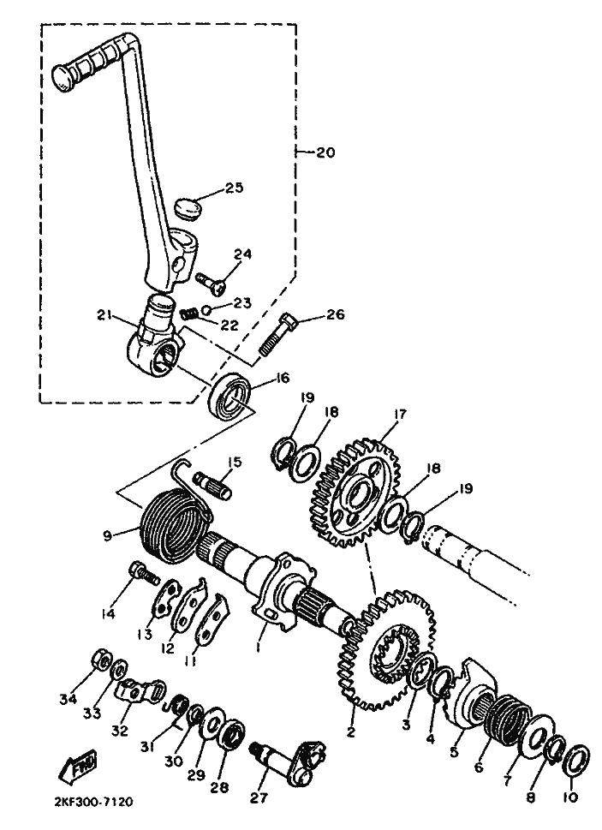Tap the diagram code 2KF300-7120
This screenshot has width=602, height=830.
pos(93,802)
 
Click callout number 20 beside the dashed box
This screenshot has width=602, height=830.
pos(325,152)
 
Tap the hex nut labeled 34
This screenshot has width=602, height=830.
pos(103,659)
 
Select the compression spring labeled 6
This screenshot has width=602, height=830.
pos(508,719)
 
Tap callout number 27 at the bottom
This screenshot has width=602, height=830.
pos(259,797)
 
